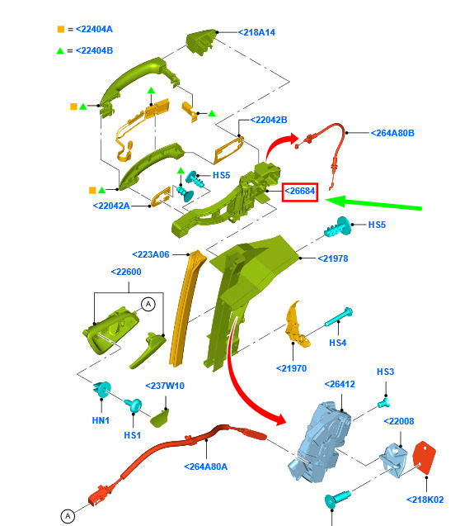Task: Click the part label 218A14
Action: (256, 32)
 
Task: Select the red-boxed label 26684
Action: (300, 192)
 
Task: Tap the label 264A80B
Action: (392, 133)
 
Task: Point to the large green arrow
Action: (373, 203)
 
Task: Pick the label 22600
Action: (126, 272)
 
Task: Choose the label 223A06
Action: (151, 254)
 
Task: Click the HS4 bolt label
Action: (338, 343)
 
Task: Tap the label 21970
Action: (292, 368)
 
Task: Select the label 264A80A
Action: (206, 467)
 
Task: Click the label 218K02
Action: (425, 500)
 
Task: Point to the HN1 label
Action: (101, 420)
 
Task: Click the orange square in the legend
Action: (61, 29)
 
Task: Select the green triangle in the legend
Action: (60, 50)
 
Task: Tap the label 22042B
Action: (269, 120)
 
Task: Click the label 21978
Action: (333, 258)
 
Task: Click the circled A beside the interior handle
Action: (148, 304)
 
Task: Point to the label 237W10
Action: (165, 386)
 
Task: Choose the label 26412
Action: (340, 384)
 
